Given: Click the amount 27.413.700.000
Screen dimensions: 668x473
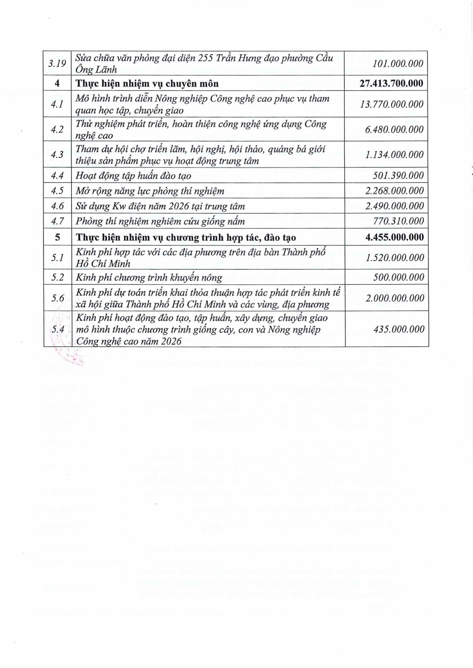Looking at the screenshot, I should point(391,83).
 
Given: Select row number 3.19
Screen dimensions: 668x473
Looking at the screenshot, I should point(57,63).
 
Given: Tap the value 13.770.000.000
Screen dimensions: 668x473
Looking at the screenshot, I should point(392,104).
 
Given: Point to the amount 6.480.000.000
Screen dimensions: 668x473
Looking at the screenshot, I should point(394,129).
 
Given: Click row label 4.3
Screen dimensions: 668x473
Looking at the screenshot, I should point(57,154).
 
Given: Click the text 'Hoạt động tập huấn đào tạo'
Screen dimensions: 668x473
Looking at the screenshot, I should point(133,176).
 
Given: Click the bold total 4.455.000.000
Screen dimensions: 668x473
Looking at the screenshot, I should point(394,237).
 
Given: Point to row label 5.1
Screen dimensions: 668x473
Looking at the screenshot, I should point(57,258).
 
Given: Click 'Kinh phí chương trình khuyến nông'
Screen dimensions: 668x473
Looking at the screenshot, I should point(149,277).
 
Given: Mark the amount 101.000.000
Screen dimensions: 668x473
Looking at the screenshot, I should point(398,63).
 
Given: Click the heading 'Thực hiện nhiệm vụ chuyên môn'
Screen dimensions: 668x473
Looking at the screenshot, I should point(147,83).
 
